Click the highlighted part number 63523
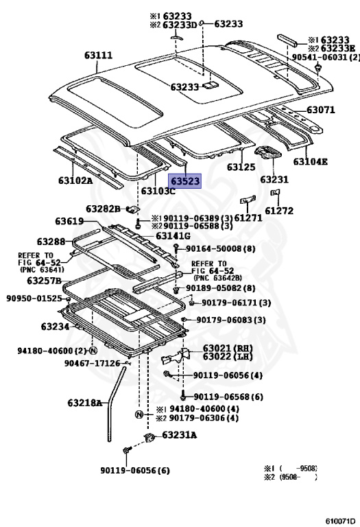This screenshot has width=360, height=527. [x=185, y=181]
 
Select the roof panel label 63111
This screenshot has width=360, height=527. [x=98, y=55]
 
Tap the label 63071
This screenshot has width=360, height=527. [x=321, y=110]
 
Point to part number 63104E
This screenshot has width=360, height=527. [x=311, y=162]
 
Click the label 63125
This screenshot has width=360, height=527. [x=241, y=167]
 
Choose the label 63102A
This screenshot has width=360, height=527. [x=75, y=180]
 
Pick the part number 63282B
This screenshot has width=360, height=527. [x=103, y=209]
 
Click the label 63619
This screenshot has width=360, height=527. [x=69, y=221]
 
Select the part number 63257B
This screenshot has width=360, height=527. [x=45, y=281]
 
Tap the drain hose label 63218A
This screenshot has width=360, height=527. [x=85, y=403]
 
